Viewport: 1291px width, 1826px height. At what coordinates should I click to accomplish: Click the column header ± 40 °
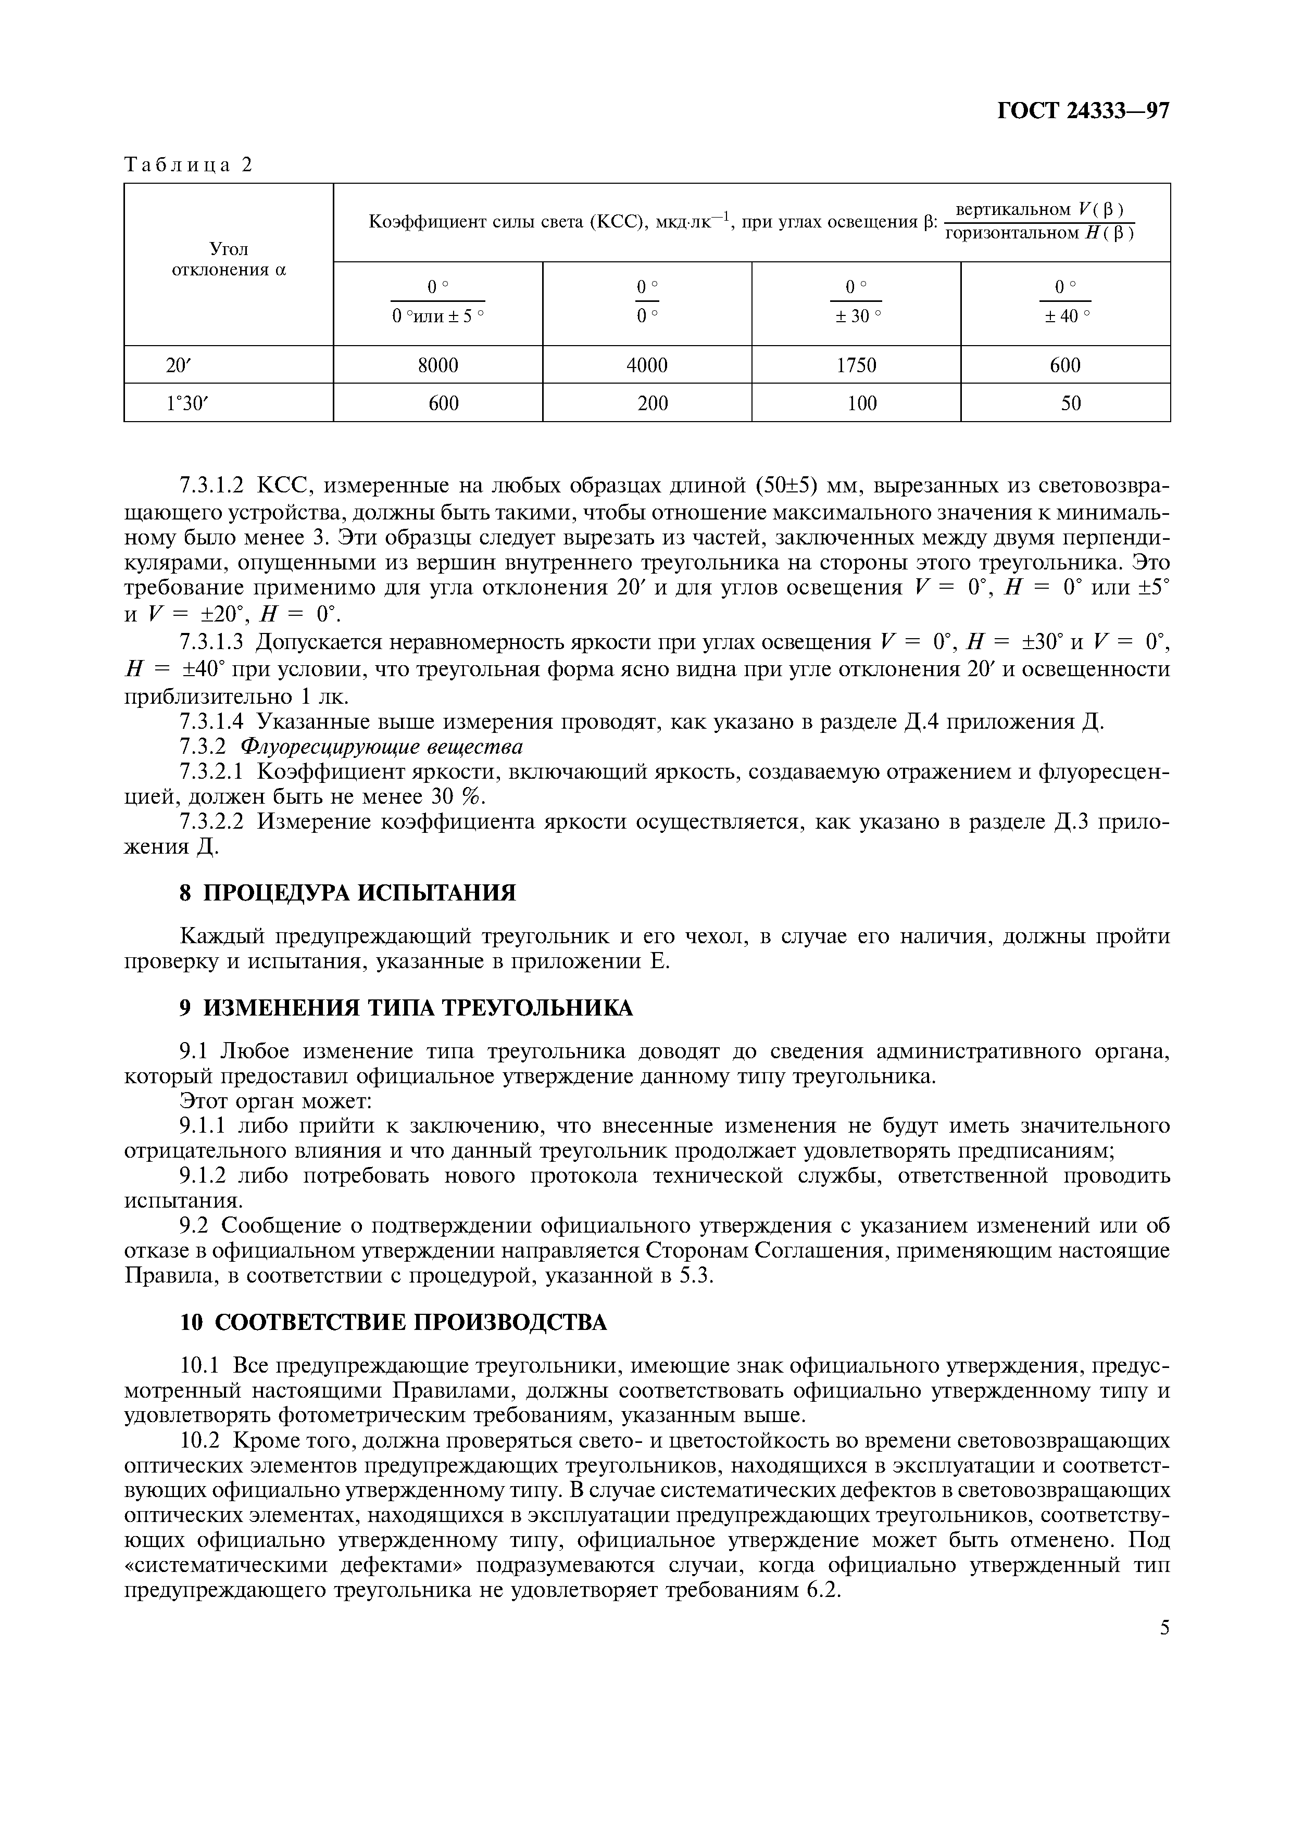point(1066,316)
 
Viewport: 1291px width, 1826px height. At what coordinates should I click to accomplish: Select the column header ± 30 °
point(857,316)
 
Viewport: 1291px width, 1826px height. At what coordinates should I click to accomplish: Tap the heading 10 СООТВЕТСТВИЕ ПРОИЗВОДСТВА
point(393,1323)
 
